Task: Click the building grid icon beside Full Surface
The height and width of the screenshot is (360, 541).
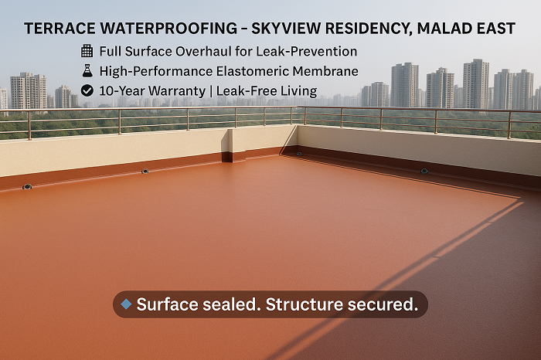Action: click(87, 51)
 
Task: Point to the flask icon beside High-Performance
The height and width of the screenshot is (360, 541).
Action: click(87, 71)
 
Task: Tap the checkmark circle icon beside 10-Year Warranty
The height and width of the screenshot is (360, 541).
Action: click(87, 90)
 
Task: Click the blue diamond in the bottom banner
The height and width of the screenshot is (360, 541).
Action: click(126, 304)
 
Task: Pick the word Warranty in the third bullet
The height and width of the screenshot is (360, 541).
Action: click(177, 91)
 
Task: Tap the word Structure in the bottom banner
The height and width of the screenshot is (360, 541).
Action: click(304, 304)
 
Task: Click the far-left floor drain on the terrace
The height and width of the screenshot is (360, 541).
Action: click(27, 186)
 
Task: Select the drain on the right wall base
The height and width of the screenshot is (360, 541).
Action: click(424, 171)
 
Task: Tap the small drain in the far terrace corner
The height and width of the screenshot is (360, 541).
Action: click(299, 154)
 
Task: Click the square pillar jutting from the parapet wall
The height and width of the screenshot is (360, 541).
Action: click(227, 145)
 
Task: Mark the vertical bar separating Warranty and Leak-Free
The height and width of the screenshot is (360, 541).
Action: click(211, 91)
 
